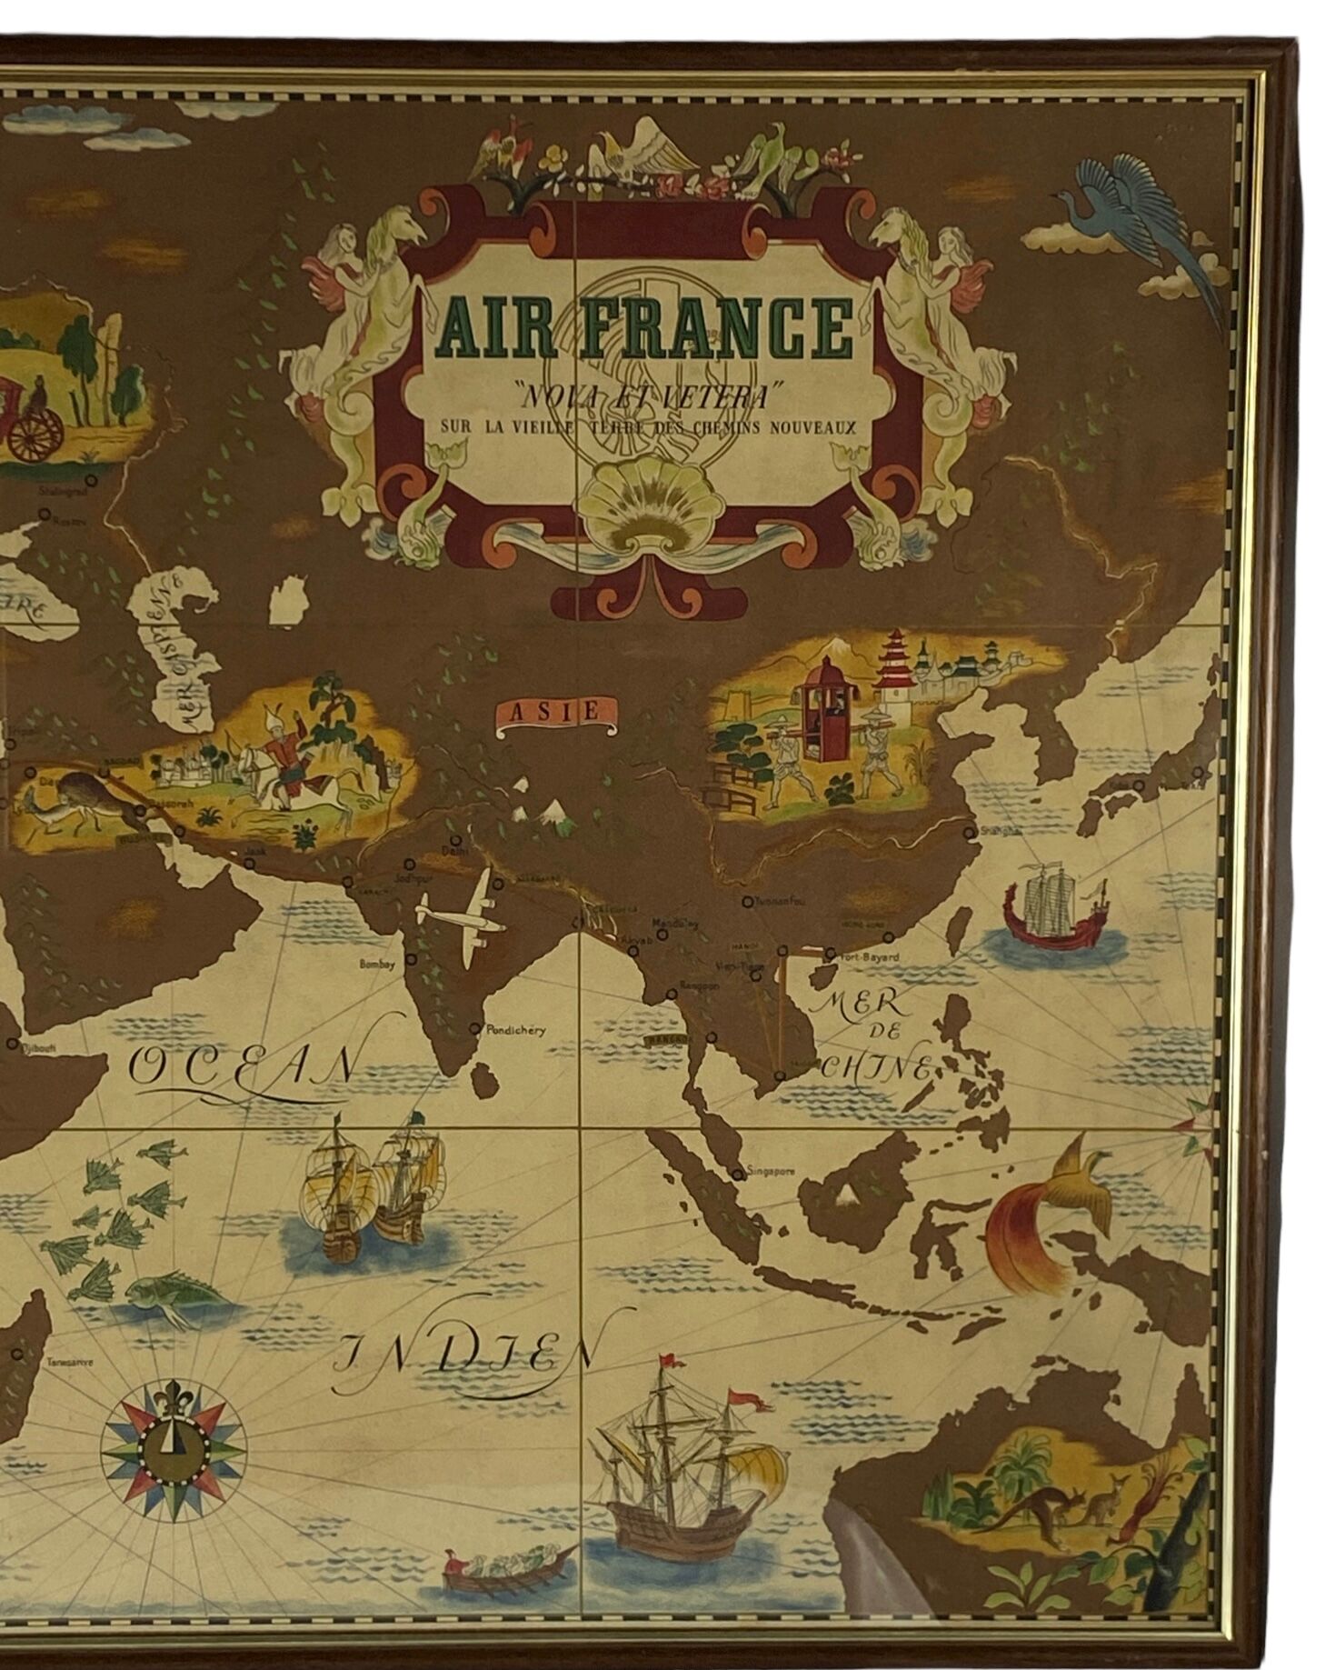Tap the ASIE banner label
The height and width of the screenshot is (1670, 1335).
pos(552,710)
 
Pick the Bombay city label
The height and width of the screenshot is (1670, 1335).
pos(380,965)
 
